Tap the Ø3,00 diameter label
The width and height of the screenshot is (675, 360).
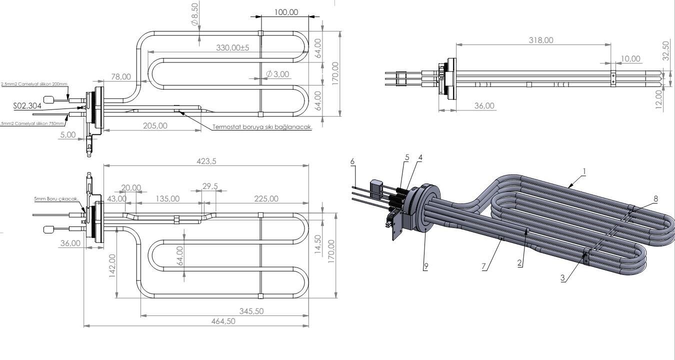278,74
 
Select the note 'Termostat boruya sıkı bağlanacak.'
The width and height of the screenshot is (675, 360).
262,127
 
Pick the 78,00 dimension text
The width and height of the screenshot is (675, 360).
120,76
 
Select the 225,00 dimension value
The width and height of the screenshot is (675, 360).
266,198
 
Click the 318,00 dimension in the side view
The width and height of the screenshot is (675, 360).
541,40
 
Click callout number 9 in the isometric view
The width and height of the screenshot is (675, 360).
425,266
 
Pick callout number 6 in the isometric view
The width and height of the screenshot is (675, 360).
352,161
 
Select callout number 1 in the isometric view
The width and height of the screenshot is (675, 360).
584,171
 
